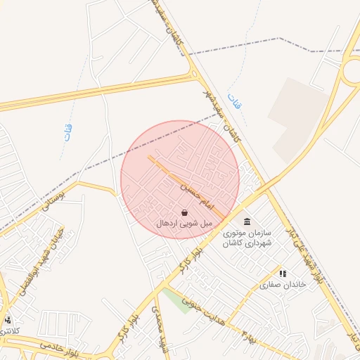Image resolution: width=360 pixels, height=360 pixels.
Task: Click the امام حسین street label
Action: click(195, 196)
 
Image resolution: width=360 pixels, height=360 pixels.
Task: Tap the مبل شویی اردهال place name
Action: click(184, 223)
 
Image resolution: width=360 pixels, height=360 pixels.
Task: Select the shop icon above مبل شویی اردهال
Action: click(184, 212)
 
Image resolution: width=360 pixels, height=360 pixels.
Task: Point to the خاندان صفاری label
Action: click(284, 285)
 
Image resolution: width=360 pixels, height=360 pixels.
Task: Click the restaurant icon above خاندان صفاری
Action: click(283, 274)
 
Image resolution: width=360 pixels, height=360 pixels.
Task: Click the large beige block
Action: click(298, 120)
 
